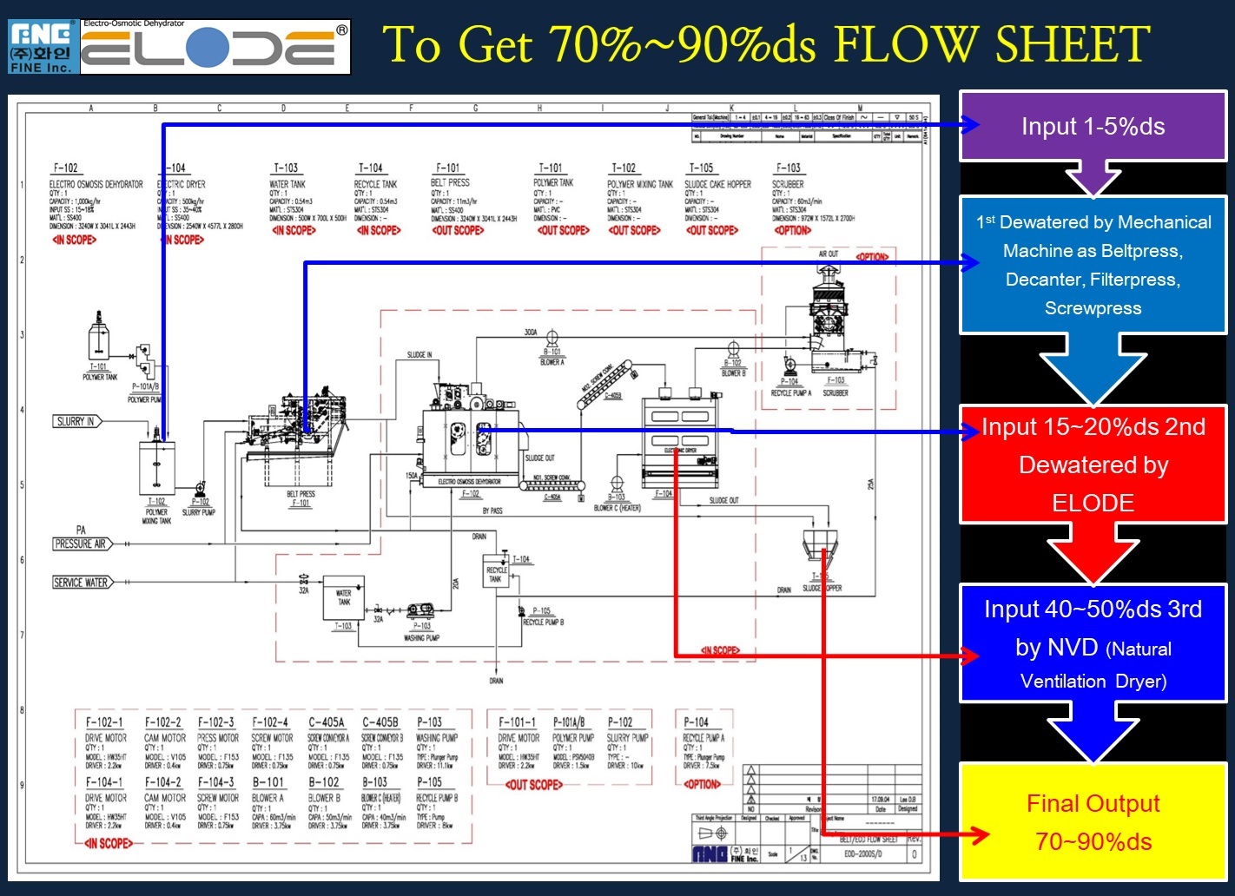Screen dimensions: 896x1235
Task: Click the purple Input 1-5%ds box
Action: coord(1093,127)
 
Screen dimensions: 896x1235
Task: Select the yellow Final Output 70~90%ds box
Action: coord(1093,822)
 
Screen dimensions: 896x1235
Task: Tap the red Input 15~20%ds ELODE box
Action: coord(1093,464)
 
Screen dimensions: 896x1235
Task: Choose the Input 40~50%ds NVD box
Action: coord(1093,643)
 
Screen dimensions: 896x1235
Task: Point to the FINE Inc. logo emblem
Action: coord(42,47)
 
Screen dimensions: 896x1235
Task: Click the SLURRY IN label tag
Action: coord(76,421)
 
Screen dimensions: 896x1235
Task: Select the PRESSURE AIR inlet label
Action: coord(81,544)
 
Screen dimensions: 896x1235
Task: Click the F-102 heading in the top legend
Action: coord(65,168)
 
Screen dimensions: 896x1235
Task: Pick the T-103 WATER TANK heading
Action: coord(286,168)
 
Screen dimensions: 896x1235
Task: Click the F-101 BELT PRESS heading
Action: coord(448,168)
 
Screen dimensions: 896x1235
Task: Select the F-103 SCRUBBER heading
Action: coord(788,168)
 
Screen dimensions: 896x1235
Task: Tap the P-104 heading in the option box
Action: coord(696,722)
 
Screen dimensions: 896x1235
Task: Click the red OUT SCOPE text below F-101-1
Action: coord(533,785)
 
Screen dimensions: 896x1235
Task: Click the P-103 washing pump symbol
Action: coord(420,610)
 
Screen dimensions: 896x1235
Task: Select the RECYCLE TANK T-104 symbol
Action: coord(496,575)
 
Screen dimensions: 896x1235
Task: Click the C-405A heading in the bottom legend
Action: coord(326,722)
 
